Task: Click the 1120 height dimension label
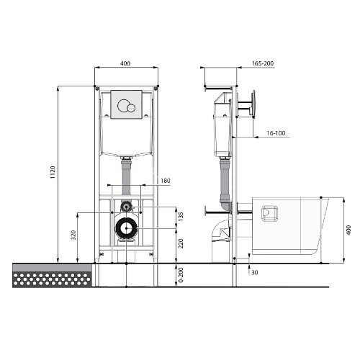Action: [53, 172]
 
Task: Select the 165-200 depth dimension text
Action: [263, 63]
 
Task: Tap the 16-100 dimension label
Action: [276, 133]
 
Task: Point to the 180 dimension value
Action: [166, 181]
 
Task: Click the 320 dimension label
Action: [73, 235]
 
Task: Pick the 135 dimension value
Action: [181, 217]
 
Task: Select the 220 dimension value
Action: [181, 243]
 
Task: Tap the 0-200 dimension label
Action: [181, 275]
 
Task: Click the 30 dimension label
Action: [255, 272]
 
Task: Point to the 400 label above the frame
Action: [125, 63]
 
